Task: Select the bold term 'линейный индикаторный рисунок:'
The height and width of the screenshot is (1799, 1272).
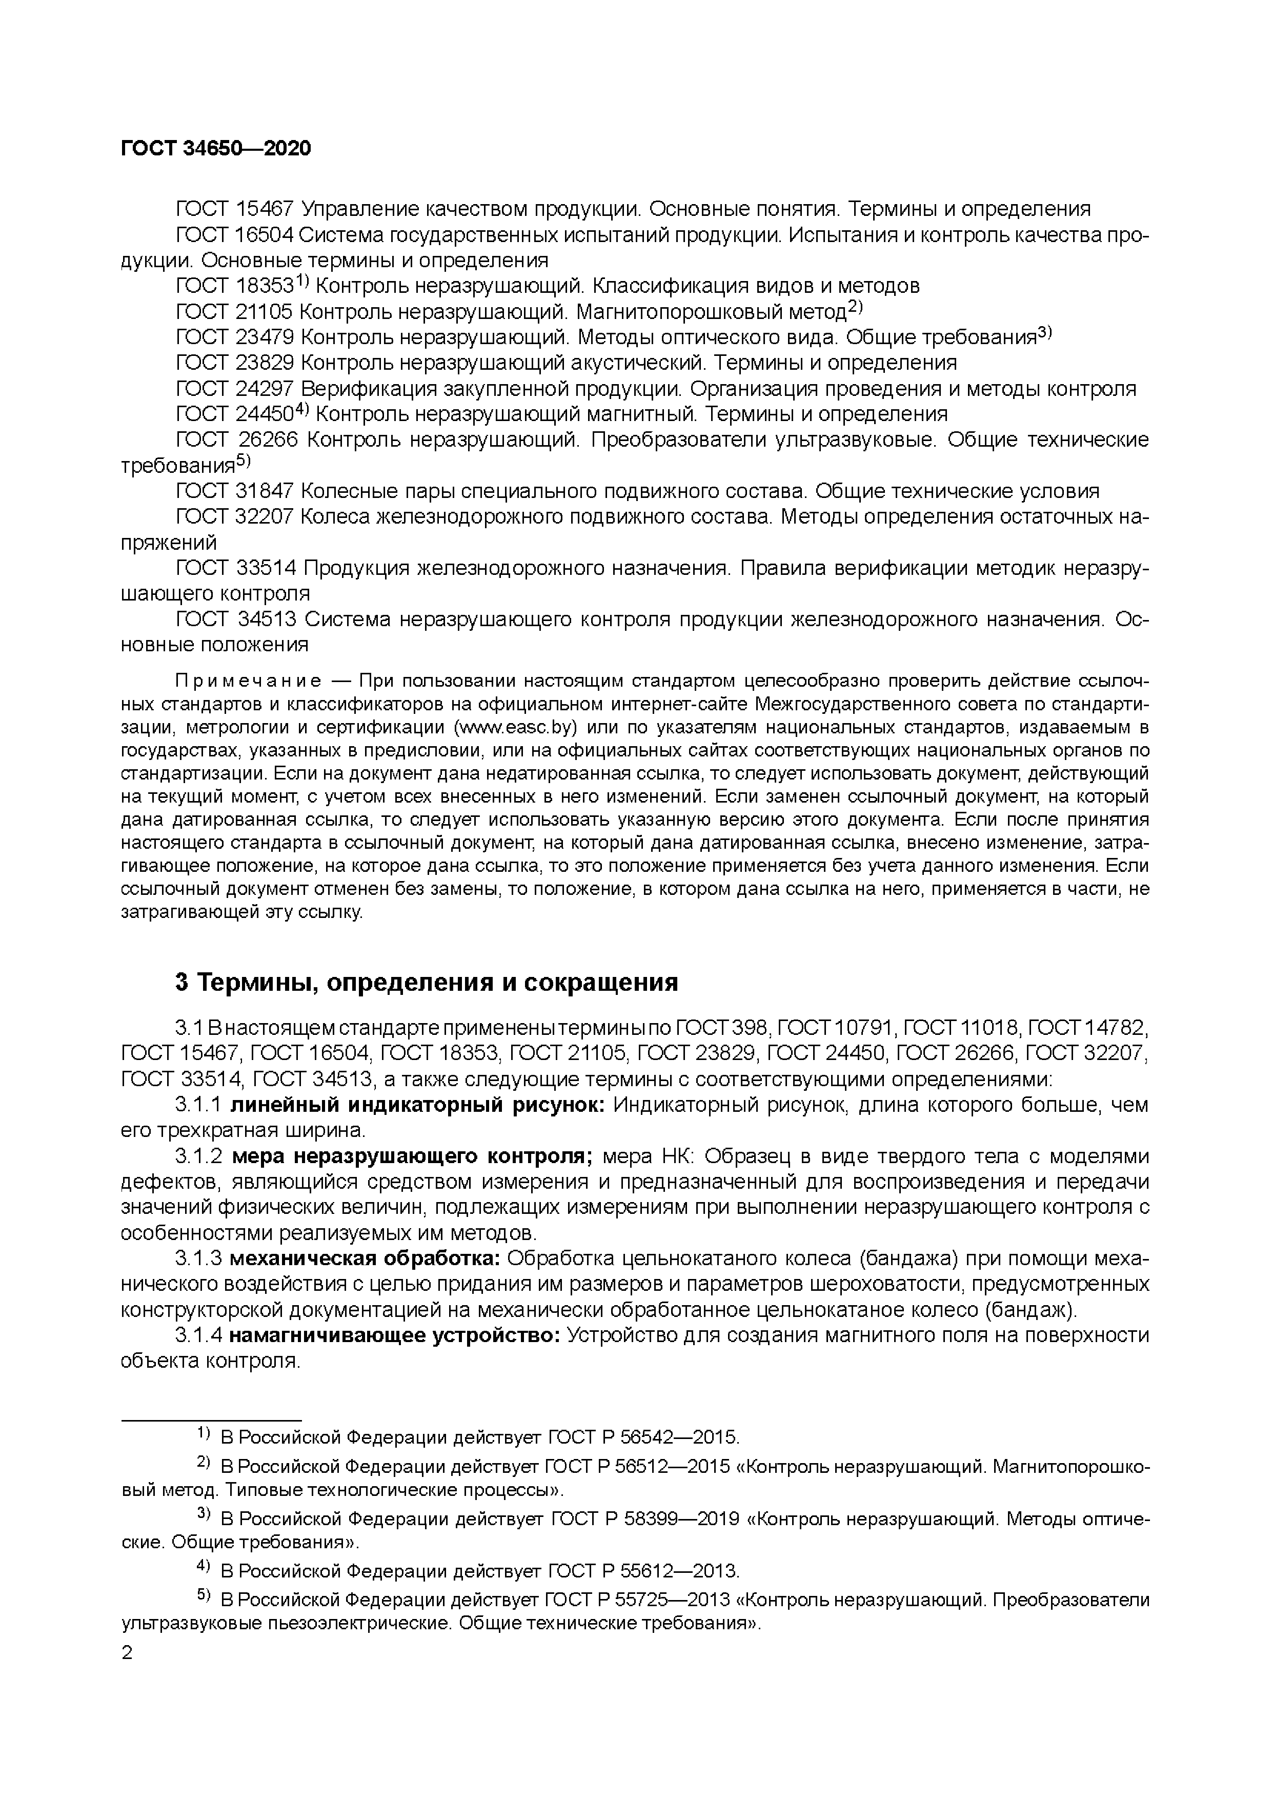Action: tap(418, 1106)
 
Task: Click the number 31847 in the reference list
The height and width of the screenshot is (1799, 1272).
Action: tap(264, 491)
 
